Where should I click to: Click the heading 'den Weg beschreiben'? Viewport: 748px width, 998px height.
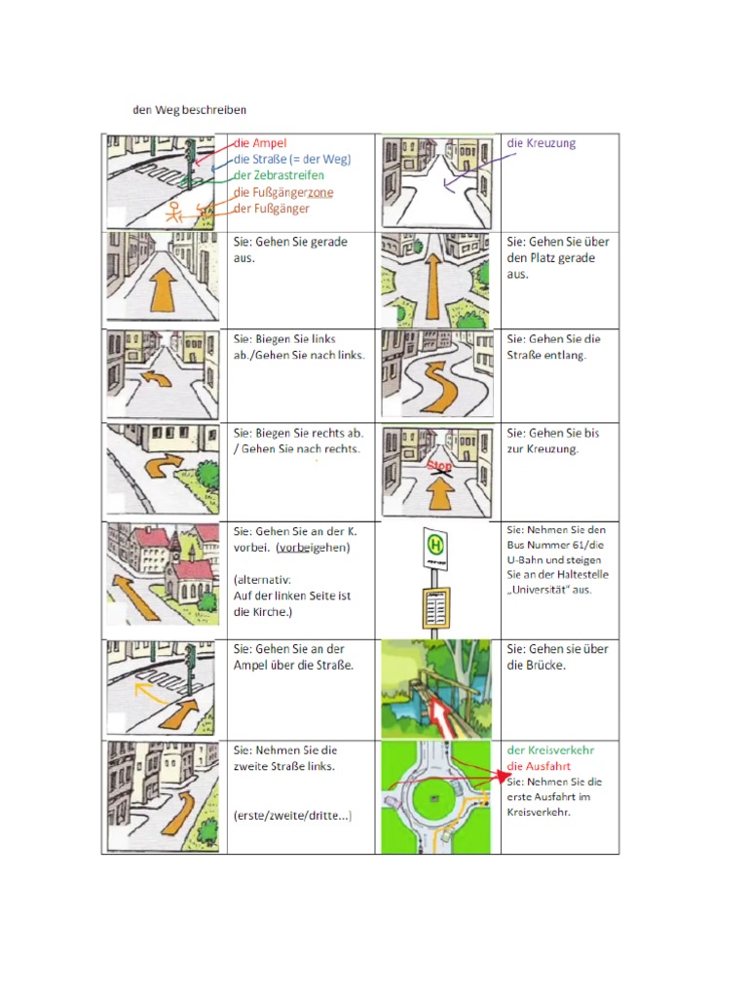coord(190,109)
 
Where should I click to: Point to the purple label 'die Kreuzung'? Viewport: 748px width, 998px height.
coord(541,143)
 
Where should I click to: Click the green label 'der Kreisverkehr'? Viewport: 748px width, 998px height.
coord(550,750)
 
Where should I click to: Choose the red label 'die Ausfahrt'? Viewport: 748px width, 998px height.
coord(539,766)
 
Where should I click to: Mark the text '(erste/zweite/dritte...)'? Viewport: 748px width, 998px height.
coord(292,815)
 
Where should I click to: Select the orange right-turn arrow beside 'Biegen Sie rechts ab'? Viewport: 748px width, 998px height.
coord(166,467)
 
